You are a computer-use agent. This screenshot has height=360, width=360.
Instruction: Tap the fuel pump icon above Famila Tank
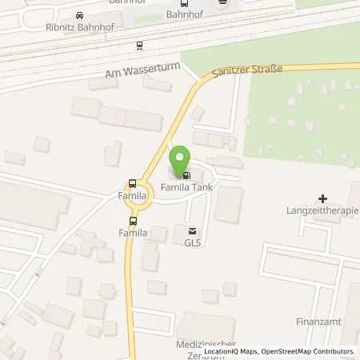coord(186,175)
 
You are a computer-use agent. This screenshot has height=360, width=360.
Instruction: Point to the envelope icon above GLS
coord(190,229)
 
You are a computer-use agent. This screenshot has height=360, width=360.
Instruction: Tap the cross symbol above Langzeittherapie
coord(322,198)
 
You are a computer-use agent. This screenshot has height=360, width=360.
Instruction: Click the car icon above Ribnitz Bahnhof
coord(79,14)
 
